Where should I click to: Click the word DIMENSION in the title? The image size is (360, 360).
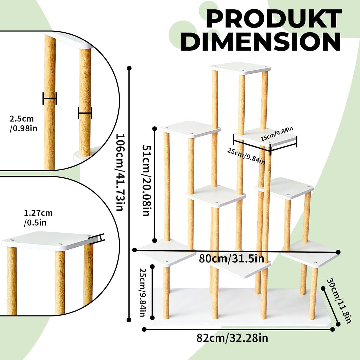(261, 42)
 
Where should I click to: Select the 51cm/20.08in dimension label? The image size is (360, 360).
(146, 180)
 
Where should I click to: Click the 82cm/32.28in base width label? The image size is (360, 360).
(232, 338)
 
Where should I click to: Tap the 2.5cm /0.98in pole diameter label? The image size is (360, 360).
(23, 123)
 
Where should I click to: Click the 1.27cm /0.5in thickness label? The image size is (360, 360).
(38, 218)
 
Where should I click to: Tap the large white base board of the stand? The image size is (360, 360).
(238, 307)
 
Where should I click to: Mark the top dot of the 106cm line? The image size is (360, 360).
(129, 68)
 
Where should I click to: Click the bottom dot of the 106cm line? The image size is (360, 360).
(129, 320)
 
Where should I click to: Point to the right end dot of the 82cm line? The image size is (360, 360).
(332, 329)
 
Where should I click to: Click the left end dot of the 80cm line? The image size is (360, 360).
(135, 250)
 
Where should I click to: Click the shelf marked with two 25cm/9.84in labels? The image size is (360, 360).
(265, 137)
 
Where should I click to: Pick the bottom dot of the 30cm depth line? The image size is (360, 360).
(338, 324)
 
